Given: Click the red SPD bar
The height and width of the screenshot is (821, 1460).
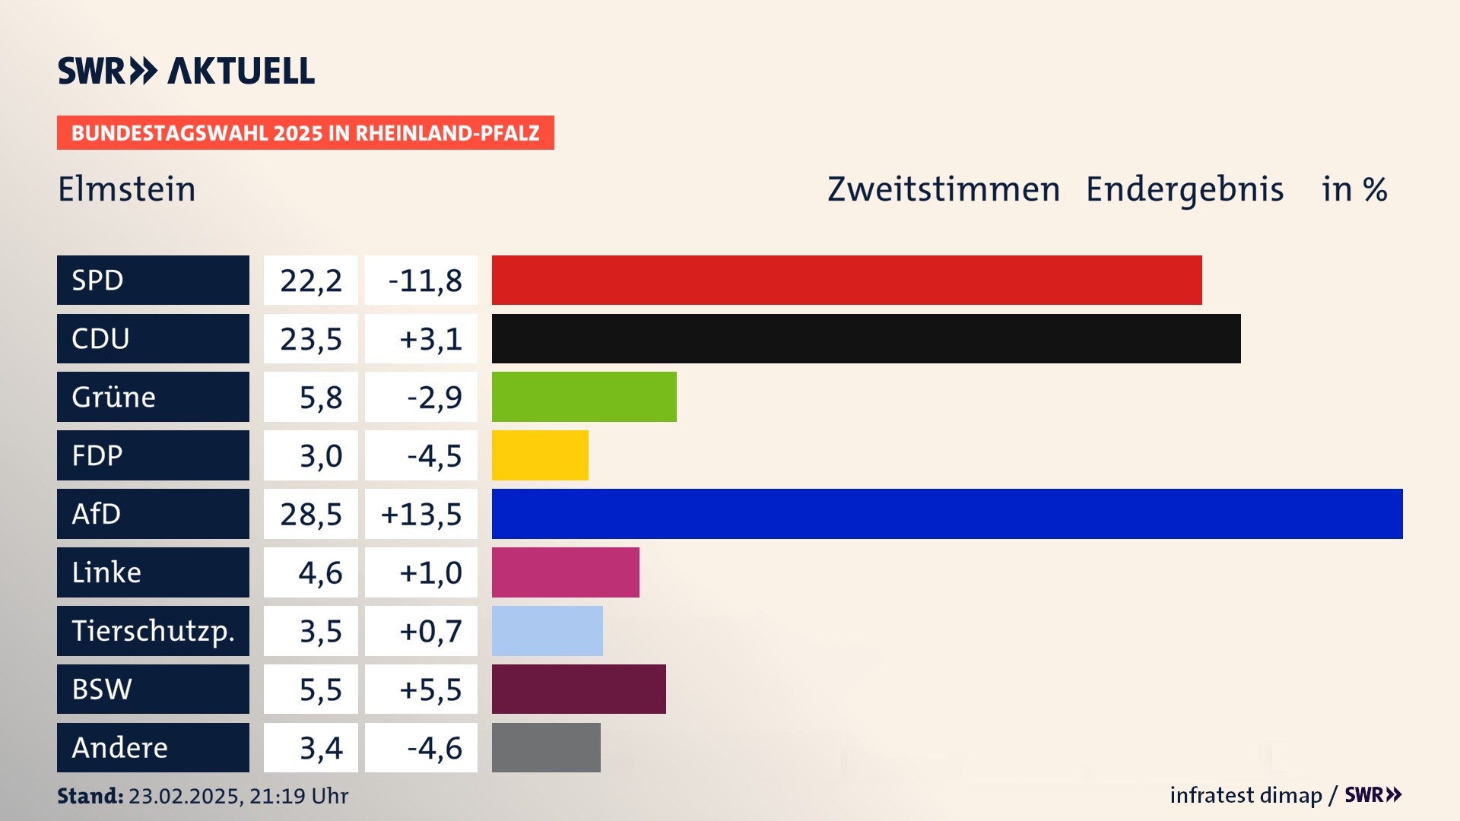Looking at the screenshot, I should (846, 280).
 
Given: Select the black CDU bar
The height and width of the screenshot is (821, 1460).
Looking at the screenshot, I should (866, 338).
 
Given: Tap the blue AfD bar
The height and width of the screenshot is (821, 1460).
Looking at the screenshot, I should (947, 514).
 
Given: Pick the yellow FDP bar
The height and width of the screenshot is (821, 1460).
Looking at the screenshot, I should (540, 455).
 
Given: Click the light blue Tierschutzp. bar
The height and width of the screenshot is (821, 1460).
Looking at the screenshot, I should (547, 631).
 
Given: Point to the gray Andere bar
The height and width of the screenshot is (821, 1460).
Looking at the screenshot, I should (546, 747).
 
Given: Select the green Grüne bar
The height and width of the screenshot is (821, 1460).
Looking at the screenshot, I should (584, 397).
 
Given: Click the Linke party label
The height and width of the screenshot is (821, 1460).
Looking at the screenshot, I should (106, 572).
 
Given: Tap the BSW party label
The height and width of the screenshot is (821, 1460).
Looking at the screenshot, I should (102, 689).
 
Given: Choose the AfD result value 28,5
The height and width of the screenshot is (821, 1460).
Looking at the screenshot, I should (311, 514).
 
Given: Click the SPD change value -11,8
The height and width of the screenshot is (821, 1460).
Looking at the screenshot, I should (424, 281).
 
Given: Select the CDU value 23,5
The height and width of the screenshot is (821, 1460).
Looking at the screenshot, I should (311, 339).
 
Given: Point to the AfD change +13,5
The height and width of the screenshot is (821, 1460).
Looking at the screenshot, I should (421, 514).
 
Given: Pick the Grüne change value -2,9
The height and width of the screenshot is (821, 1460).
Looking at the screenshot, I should (434, 398).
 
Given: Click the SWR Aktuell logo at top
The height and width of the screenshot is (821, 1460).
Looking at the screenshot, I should (186, 71).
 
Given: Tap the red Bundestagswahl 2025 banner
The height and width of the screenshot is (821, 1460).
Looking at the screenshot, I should (305, 133).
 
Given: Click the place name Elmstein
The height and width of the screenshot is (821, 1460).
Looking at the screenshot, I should (127, 189).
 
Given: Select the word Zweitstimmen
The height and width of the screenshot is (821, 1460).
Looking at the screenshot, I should (944, 189).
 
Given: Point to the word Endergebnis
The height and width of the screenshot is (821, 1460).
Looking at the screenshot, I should (1185, 189).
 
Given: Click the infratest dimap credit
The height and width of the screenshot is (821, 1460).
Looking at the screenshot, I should (1246, 795).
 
